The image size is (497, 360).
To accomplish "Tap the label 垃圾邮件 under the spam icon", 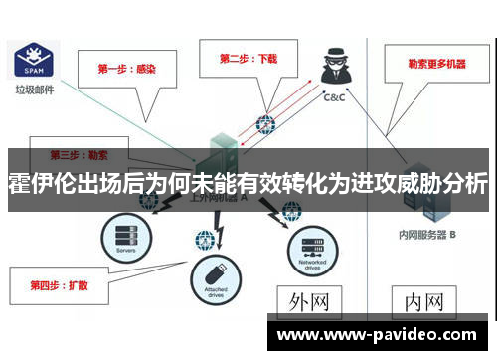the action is coord(33,90).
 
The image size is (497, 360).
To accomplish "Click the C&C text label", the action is coord(333,97).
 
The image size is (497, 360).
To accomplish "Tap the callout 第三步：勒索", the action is coord(80,156).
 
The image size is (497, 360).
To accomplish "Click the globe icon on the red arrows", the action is coord(264,126).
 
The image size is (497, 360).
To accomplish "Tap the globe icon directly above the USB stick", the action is coord(205,240).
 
